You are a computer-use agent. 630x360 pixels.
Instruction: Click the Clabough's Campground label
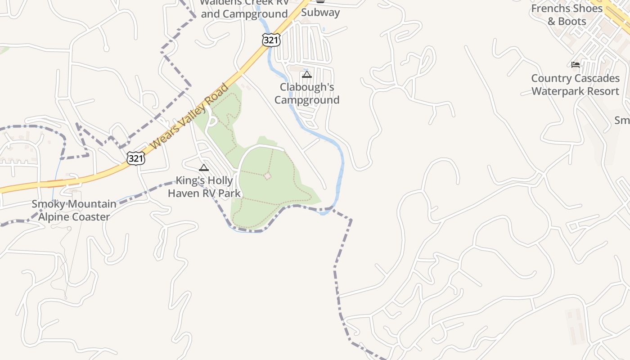307,94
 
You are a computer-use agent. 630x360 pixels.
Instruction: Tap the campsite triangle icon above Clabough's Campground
307,74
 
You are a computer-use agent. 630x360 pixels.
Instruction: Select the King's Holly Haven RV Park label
204,187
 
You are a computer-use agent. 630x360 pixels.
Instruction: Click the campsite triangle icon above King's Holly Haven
204,168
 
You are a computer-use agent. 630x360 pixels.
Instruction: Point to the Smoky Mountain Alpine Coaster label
74,211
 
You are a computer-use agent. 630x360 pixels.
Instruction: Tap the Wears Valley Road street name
189,117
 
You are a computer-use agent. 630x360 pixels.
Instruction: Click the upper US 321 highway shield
271,40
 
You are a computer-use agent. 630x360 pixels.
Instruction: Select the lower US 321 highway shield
135,158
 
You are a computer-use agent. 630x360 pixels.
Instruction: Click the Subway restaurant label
320,12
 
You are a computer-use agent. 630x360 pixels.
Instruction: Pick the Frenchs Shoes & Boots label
567,15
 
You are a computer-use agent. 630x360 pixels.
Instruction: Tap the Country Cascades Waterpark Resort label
575,85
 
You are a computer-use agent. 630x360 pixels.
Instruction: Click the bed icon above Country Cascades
576,65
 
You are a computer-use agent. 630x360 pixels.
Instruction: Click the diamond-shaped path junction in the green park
267,175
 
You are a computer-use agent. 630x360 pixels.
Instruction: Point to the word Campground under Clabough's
307,100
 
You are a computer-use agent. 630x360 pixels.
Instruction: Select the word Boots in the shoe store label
572,21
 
